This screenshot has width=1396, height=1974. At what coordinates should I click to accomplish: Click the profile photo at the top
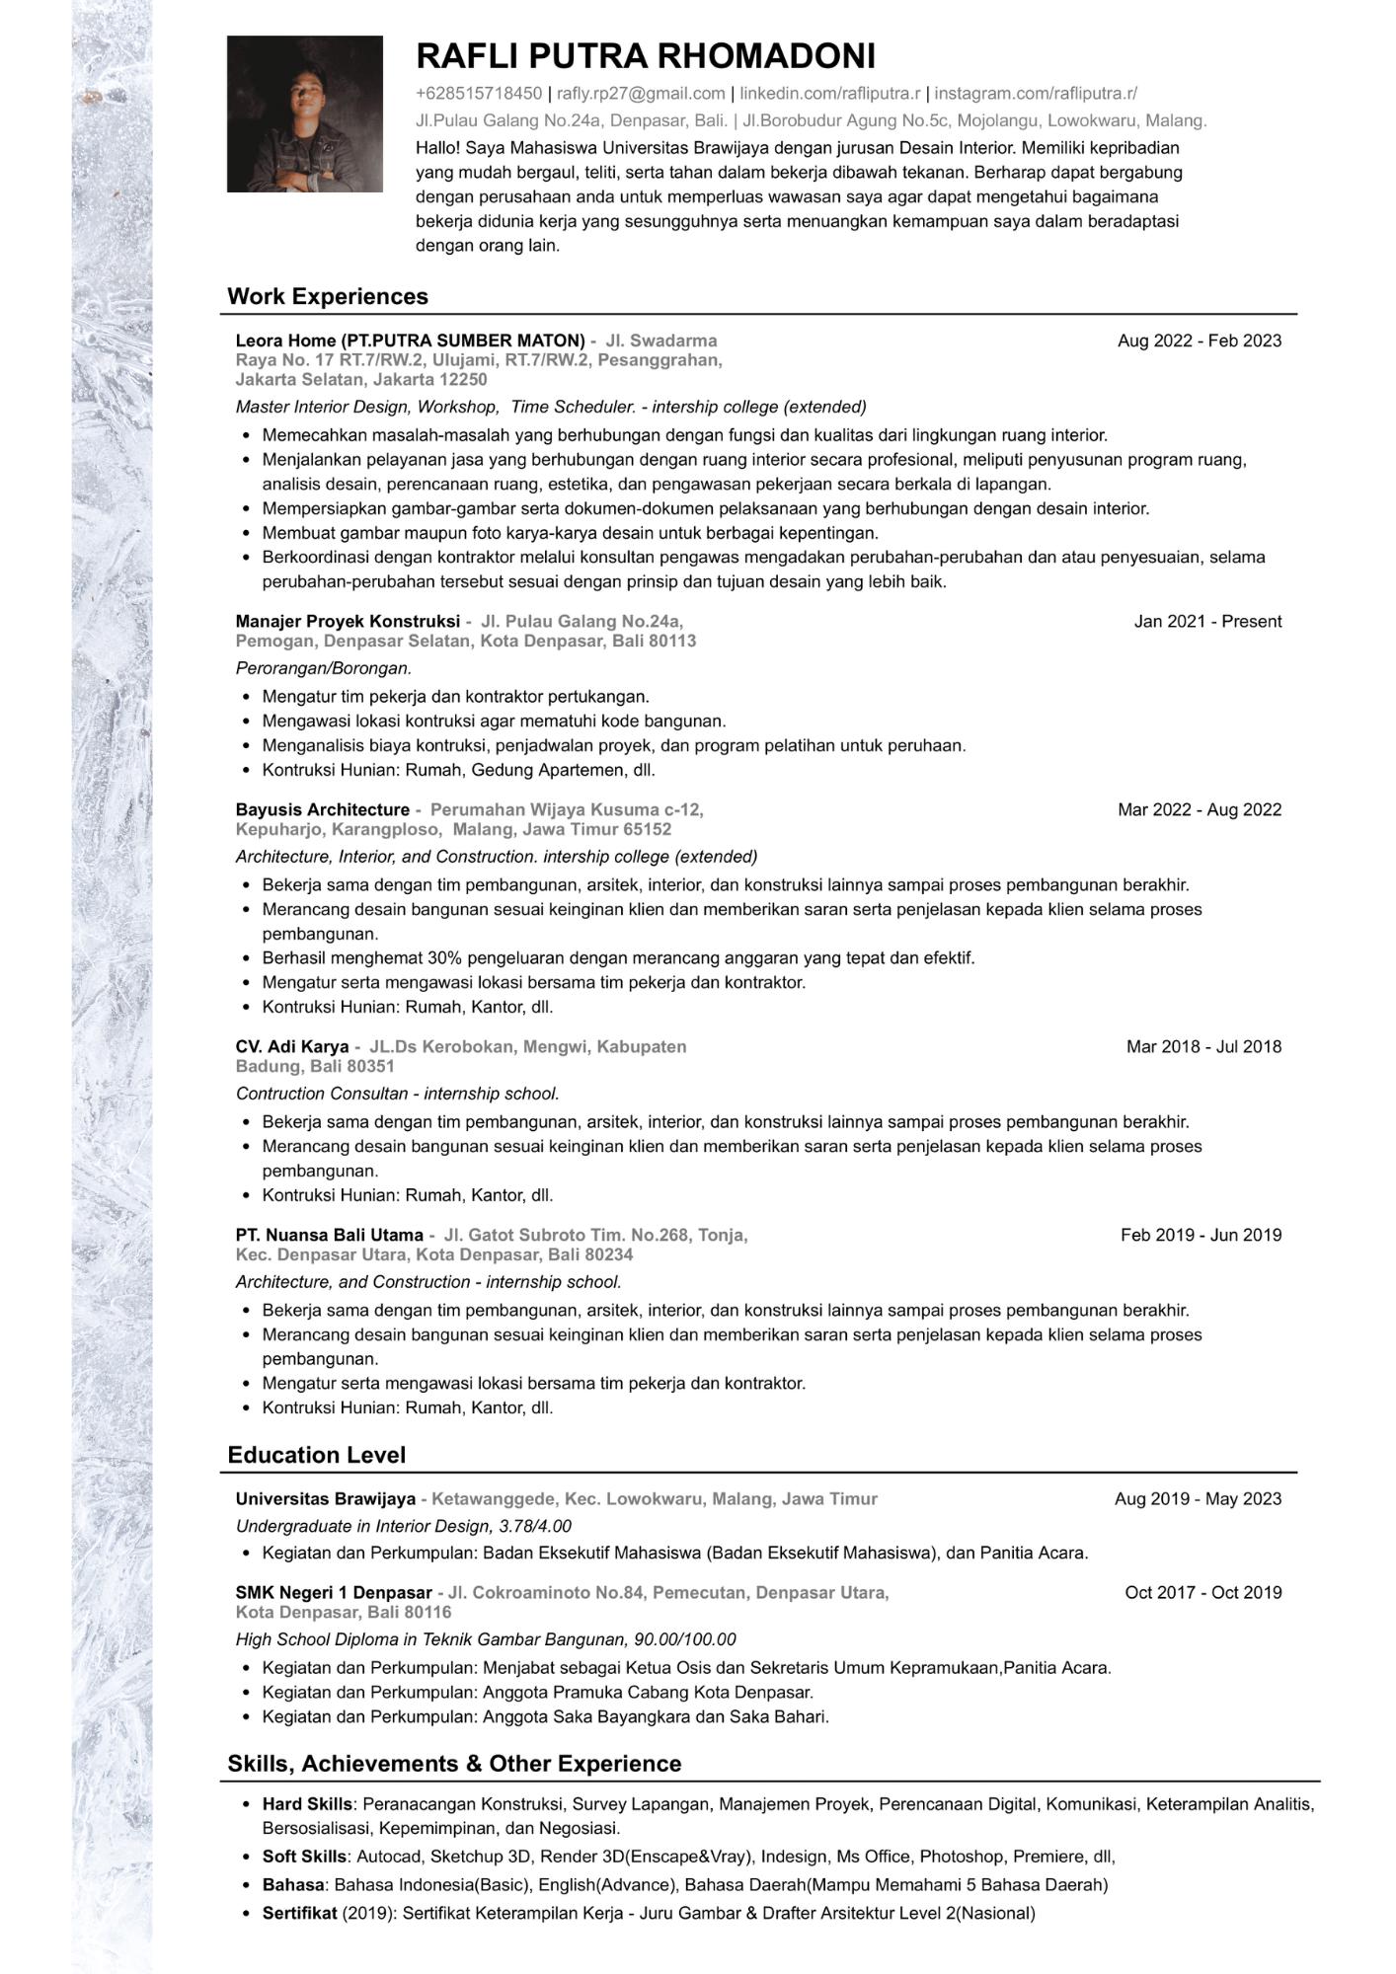(x=304, y=114)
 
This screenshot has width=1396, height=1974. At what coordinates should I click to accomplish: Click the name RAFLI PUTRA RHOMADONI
(x=646, y=56)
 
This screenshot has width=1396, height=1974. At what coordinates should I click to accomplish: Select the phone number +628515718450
(x=479, y=94)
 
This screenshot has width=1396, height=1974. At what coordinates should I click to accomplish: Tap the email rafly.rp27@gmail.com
(x=641, y=94)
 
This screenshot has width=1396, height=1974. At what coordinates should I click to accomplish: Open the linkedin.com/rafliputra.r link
(x=829, y=94)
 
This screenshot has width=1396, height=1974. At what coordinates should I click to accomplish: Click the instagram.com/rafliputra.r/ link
(x=1036, y=94)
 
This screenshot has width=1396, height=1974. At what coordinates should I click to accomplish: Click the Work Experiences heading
(x=328, y=296)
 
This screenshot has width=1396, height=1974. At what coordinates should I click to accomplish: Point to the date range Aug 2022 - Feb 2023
(x=1199, y=341)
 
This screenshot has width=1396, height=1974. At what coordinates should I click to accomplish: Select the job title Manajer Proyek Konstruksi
(x=348, y=621)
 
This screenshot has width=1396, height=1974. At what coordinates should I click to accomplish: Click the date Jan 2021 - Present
(x=1207, y=621)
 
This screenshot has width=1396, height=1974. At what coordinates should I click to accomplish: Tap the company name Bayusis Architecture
(x=323, y=809)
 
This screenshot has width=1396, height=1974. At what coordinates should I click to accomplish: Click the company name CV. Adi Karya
(x=292, y=1046)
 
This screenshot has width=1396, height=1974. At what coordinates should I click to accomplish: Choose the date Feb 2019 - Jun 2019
(x=1201, y=1235)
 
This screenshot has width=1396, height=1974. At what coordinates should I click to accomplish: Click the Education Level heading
(x=316, y=1455)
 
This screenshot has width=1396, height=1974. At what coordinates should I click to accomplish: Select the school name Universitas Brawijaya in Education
(x=326, y=1498)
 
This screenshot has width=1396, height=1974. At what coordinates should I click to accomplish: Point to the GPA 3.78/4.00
(x=535, y=1526)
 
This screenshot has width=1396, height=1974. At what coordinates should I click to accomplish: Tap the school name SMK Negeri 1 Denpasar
(x=334, y=1592)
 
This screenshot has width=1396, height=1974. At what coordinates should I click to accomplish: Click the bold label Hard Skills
(x=306, y=1803)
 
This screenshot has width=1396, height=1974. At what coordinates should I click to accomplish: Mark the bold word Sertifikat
(x=300, y=1913)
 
